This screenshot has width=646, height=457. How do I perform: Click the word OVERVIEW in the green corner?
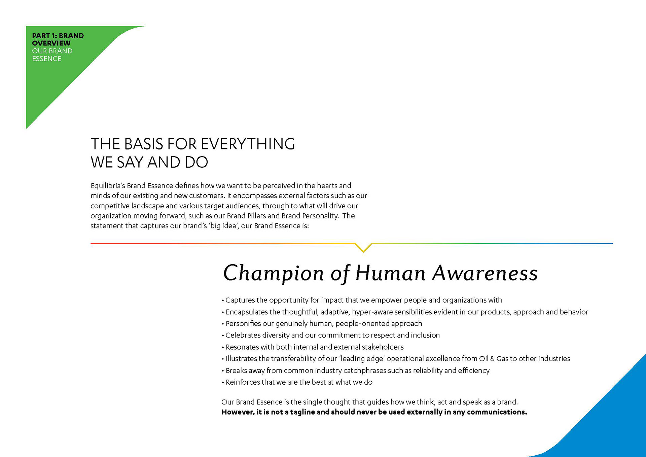click(51, 43)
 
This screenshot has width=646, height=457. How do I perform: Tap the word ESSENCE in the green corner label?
click(47, 59)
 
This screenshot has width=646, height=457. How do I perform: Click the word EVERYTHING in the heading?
click(248, 144)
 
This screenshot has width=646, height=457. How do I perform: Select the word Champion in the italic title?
click(274, 273)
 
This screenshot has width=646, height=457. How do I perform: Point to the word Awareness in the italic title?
click(485, 273)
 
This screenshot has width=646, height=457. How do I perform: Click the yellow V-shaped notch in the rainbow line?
click(363, 248)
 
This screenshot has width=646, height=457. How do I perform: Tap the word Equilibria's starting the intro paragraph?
click(108, 186)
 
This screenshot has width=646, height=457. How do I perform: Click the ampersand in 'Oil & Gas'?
click(492, 359)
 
